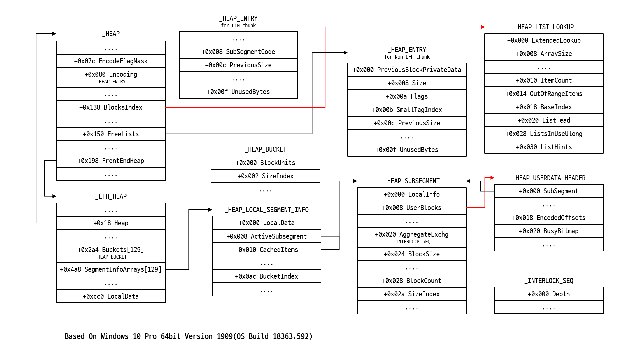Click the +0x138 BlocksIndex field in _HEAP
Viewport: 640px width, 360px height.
(x=111, y=107)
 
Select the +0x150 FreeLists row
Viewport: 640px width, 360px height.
(x=111, y=134)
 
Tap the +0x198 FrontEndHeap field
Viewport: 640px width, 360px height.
(x=111, y=161)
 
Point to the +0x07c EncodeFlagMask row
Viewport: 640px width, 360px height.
(x=111, y=61)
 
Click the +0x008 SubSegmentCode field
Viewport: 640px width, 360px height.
(x=238, y=52)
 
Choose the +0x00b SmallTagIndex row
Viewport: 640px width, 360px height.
(x=407, y=110)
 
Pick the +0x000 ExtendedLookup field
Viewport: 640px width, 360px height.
(x=544, y=40)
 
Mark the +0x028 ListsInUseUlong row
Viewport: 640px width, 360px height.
(x=544, y=134)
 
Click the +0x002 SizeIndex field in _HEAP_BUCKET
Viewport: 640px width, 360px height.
(x=265, y=176)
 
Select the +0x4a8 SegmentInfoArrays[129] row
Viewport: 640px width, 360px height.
(x=111, y=269)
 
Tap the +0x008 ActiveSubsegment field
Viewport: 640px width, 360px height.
(x=266, y=236)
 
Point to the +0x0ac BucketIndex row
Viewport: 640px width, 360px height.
(x=266, y=276)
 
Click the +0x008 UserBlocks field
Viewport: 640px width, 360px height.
(x=411, y=208)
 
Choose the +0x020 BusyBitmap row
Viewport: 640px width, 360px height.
(x=549, y=231)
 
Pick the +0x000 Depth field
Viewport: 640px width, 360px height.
(x=549, y=294)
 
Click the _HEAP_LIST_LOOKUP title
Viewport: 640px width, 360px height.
(x=544, y=27)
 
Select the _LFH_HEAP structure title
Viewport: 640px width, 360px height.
(x=111, y=196)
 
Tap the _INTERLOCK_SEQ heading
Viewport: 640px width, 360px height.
(x=549, y=281)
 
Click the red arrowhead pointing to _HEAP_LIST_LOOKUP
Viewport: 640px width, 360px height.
(x=483, y=27)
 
